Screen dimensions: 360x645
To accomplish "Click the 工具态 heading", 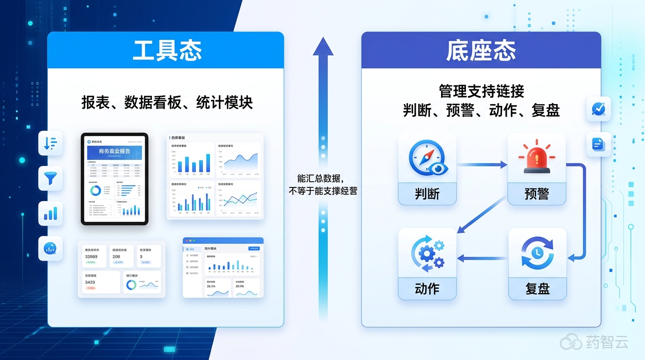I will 167,51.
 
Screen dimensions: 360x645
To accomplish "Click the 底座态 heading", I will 481,51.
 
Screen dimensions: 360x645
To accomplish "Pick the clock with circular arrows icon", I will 537,254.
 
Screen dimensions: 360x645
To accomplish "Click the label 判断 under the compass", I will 427,194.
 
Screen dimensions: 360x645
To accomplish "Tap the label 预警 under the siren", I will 537,194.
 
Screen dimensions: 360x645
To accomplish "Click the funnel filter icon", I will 50,178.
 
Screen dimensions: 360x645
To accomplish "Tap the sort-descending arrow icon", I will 50,143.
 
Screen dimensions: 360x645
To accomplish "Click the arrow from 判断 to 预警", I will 482,165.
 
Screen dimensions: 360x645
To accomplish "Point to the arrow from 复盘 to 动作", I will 482,257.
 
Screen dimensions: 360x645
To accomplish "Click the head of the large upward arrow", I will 323,47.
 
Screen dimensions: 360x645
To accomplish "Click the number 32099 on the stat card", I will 91,256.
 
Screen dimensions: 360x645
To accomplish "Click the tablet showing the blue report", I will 114,179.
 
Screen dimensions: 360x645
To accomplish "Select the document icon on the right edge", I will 599,144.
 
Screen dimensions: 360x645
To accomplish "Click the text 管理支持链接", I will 481,90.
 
